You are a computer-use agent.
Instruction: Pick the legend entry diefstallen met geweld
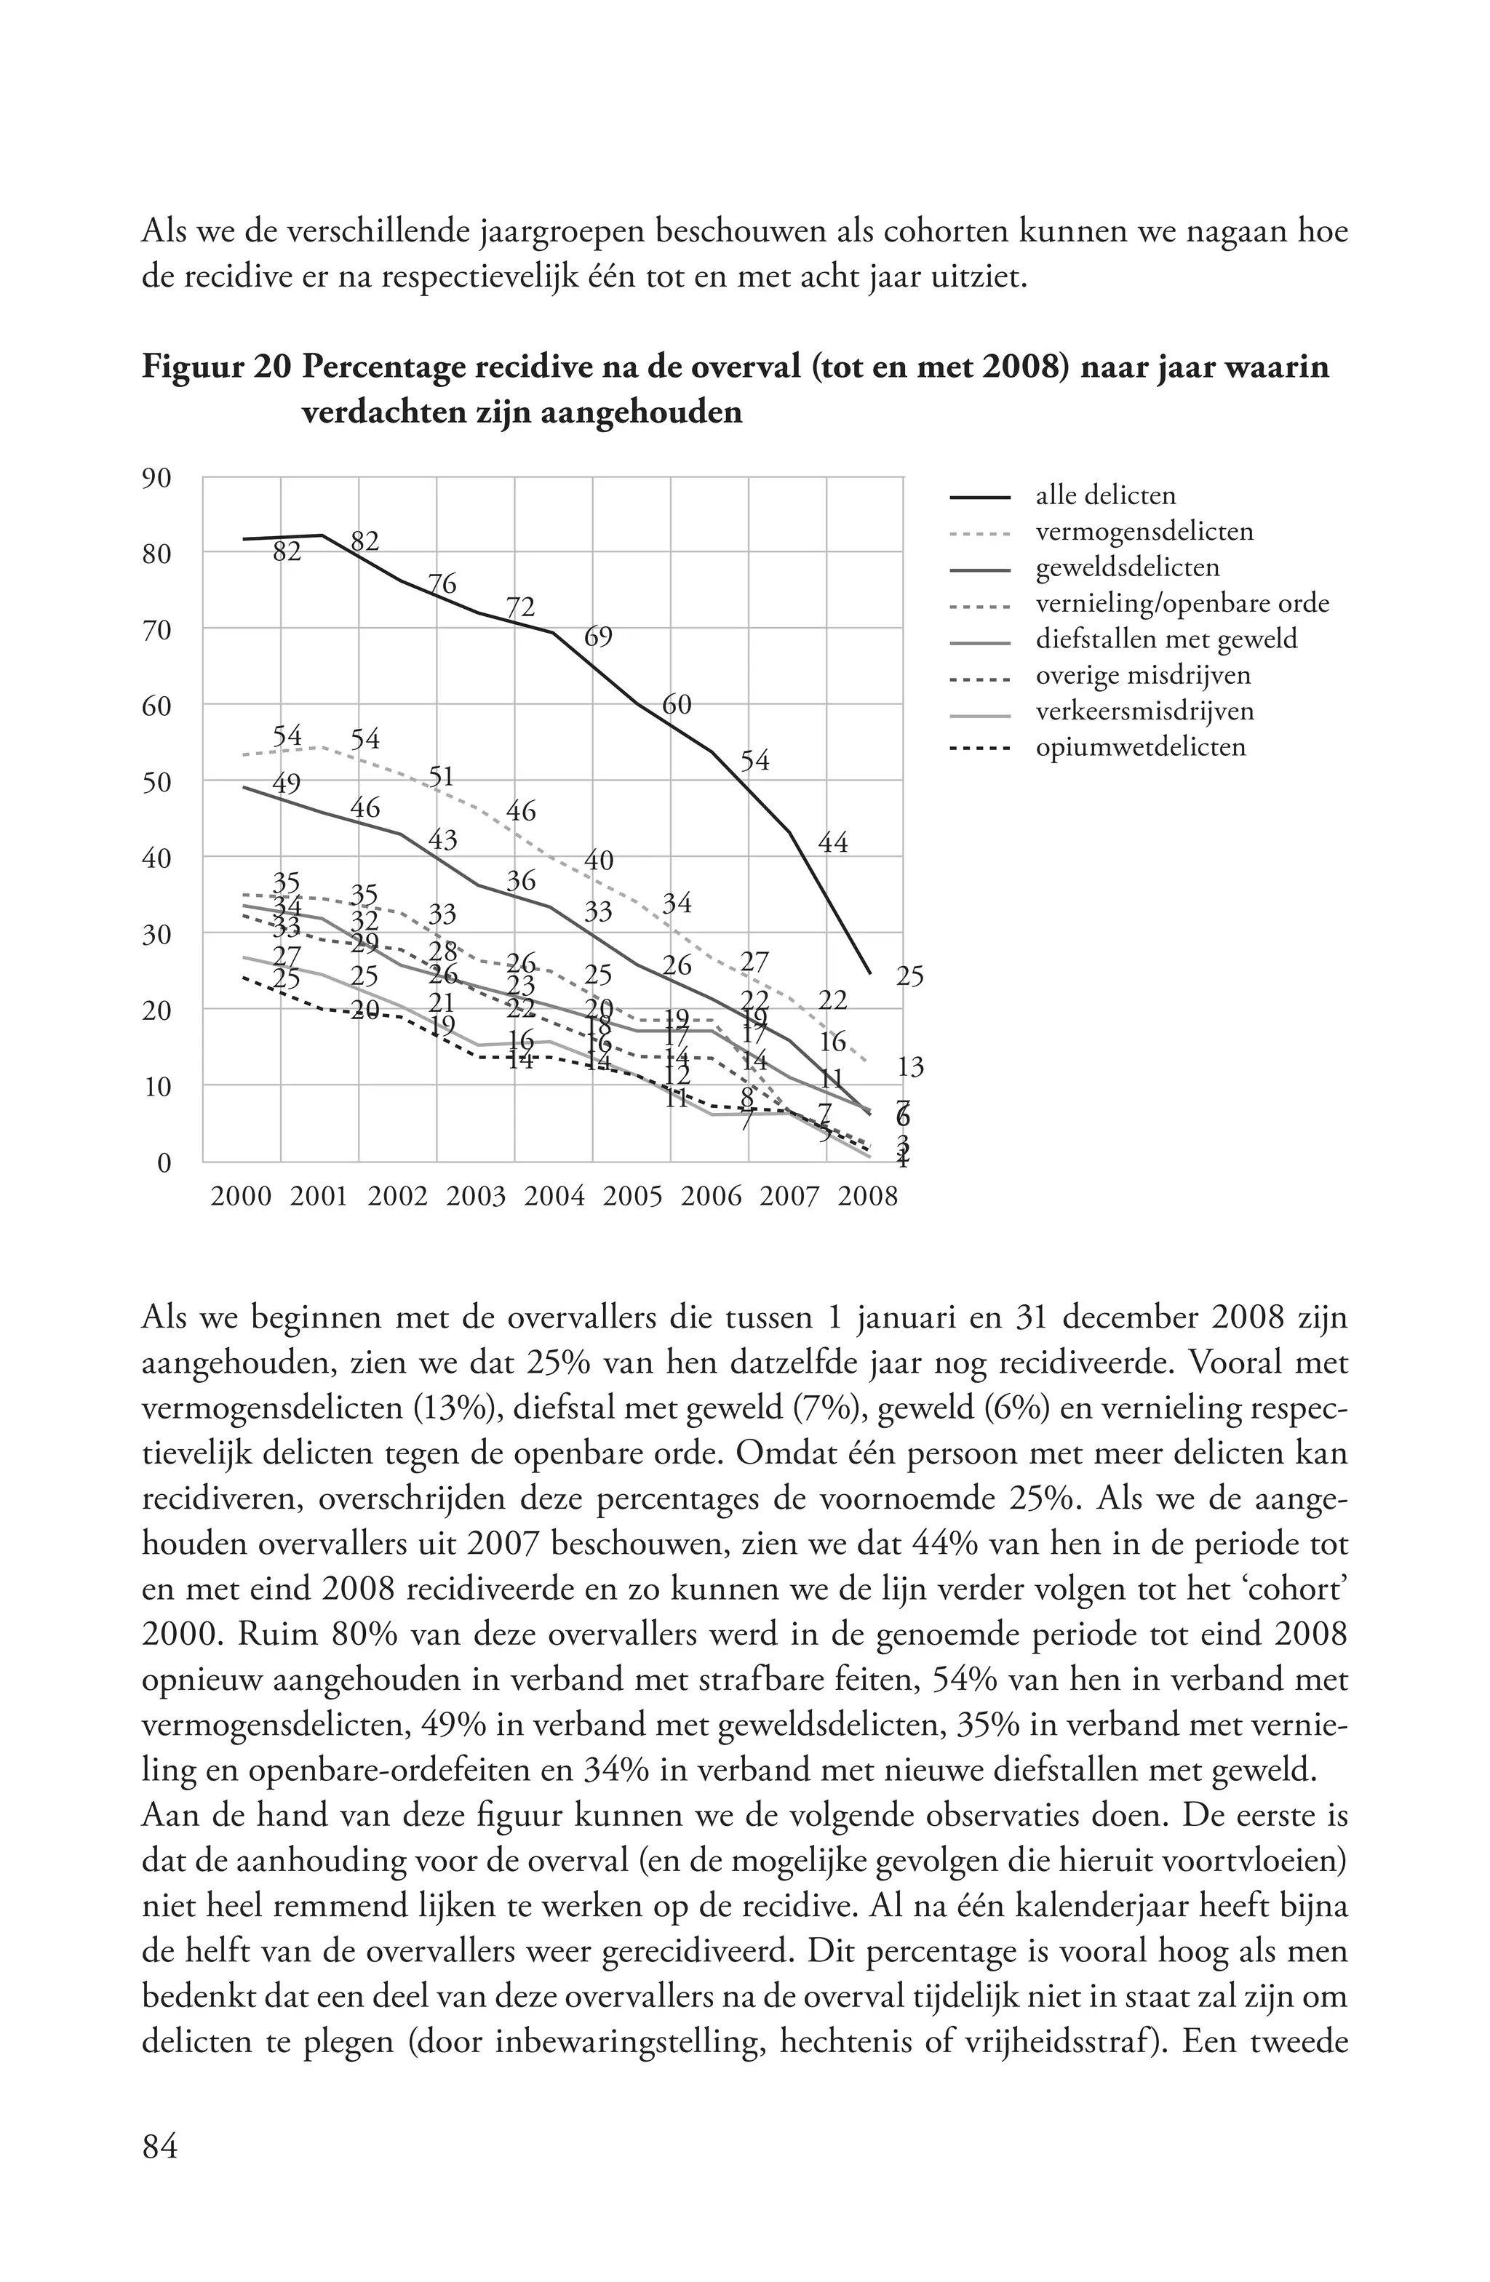point(1166,639)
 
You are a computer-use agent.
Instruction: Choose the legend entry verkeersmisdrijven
point(1144,711)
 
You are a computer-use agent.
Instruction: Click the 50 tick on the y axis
point(156,781)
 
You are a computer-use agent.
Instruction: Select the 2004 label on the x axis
point(554,1197)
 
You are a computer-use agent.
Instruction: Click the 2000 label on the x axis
point(241,1197)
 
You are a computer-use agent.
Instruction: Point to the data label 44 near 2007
point(833,843)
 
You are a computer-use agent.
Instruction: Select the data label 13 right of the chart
point(910,1066)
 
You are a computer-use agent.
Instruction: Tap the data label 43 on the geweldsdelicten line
point(442,840)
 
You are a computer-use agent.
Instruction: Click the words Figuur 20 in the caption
point(216,367)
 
